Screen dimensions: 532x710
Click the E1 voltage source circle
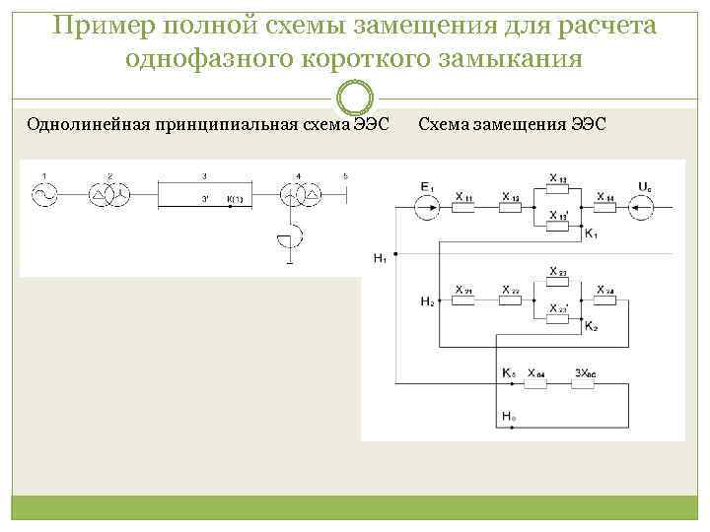[x=426, y=207]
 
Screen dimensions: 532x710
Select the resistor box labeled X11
[x=463, y=207]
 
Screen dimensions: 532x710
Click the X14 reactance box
[x=604, y=207]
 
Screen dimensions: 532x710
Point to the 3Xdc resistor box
[x=583, y=383]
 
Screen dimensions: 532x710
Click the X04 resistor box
[x=536, y=383]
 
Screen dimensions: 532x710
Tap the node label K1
[x=591, y=233]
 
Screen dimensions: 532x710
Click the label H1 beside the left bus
[x=380, y=258]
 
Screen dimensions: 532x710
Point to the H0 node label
[x=509, y=417]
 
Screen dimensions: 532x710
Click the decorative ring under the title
[x=355, y=98]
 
